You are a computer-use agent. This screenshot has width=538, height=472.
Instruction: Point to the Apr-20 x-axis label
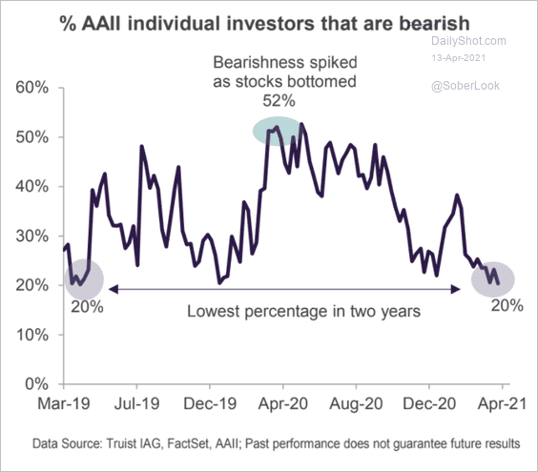coord(282,403)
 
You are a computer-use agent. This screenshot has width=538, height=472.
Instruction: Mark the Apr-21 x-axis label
coord(499,403)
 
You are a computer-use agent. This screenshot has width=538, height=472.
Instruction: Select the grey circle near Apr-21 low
coord(493,277)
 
